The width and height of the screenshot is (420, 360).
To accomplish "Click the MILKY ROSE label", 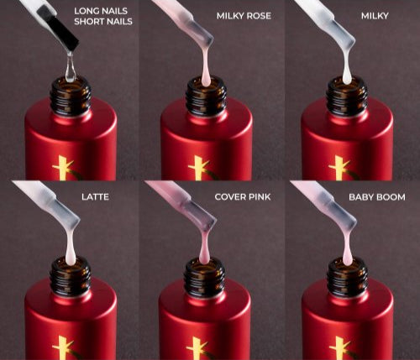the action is pos(244,16).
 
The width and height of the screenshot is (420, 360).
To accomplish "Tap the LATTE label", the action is pos(95,197).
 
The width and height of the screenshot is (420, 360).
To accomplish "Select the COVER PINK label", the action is pos(243,197).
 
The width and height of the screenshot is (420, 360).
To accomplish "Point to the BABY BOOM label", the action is pos(377,197).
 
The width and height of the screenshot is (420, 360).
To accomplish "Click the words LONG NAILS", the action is pos(101,11).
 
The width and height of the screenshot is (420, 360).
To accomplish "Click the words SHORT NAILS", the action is pos(103,22).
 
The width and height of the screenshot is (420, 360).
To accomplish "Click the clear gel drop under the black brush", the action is pos(71,68).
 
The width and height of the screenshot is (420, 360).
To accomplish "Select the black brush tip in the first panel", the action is pos(58,27).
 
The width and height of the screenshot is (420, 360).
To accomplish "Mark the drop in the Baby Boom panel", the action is pos(347,249).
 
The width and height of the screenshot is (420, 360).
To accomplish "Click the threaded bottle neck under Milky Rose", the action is pos(207,97).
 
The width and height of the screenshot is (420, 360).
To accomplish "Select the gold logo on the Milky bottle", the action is pos(341,168).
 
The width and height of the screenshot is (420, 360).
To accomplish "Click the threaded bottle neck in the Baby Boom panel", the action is pos(347,277).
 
